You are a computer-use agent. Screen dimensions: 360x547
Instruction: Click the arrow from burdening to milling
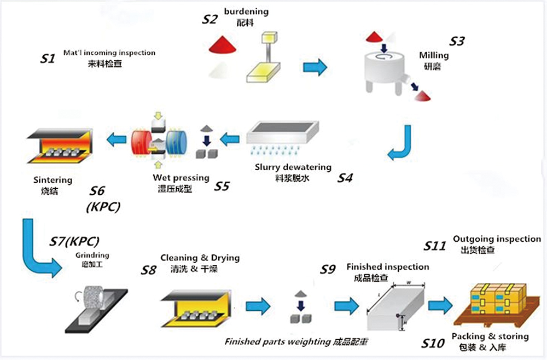point(315,67)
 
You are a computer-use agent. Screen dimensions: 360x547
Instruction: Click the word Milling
point(434,55)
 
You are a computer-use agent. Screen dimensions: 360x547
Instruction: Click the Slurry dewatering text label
point(293,167)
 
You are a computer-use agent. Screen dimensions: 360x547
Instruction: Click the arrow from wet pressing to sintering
point(116,141)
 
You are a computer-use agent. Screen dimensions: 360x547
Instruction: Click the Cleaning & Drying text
point(200,258)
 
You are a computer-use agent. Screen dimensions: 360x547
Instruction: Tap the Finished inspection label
point(388,266)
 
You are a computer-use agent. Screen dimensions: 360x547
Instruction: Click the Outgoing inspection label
point(497,239)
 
